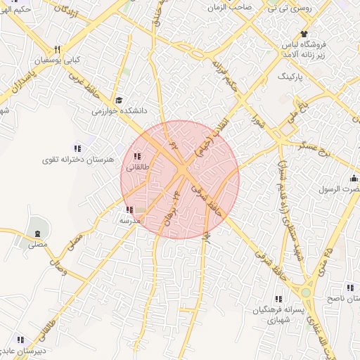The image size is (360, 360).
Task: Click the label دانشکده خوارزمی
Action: click(119, 110)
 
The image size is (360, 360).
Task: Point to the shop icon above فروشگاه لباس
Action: click(304, 34)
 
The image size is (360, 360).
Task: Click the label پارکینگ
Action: click(313, 75)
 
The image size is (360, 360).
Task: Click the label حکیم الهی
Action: click(15, 8)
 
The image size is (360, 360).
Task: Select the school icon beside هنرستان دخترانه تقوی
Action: click(77, 148)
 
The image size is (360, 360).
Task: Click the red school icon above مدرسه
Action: click(129, 209)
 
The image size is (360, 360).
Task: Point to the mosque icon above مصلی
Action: click(37, 233)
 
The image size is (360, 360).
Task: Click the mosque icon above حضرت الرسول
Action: click(354, 179)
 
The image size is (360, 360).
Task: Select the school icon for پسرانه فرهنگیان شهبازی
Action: click(279, 299)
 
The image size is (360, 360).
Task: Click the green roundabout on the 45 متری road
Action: click(305, 292)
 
